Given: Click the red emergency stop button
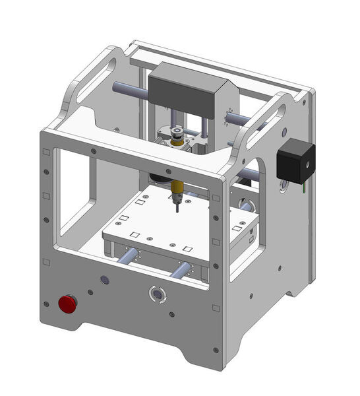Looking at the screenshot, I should coord(67,304).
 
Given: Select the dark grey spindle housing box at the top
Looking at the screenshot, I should coord(187,95).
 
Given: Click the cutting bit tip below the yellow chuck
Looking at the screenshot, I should coord(177,209).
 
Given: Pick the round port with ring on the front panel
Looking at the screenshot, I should coord(156,292).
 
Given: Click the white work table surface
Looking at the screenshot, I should coord(158,218).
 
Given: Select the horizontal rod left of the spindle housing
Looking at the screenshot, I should coord(129,88).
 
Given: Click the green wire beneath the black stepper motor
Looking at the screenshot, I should coord(304,189).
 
